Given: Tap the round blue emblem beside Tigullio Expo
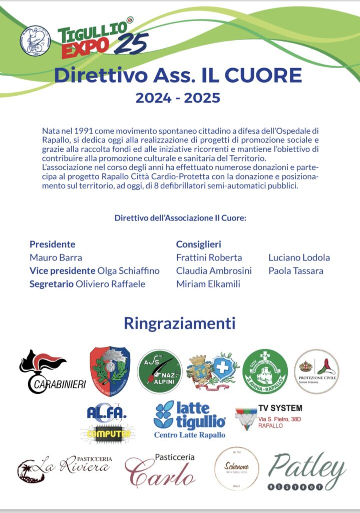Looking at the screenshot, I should coord(35,40).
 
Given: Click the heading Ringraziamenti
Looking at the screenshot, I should coord(180,323).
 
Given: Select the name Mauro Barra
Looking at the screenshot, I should coord(56,258).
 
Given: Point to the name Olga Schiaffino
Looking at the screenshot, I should coord(129,271).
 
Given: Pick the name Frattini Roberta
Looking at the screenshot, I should coord(209,258).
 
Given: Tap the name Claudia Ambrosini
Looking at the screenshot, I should coord(214,271).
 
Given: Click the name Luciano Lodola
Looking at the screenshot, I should coord(299,258).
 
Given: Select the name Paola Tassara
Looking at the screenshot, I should coord(296,271).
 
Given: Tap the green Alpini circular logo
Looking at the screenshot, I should coord(160,371).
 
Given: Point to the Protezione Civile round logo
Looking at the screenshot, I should coord(316,371).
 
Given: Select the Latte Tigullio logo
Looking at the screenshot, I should coord(189,420).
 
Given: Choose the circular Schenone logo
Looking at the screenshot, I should coord(236,469).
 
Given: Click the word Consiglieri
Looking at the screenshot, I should coord(199,244).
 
